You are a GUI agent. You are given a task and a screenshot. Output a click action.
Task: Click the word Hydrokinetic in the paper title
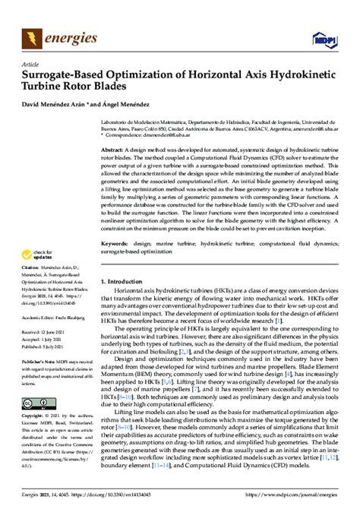[300, 75]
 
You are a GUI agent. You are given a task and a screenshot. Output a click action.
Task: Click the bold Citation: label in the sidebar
[31, 269]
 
